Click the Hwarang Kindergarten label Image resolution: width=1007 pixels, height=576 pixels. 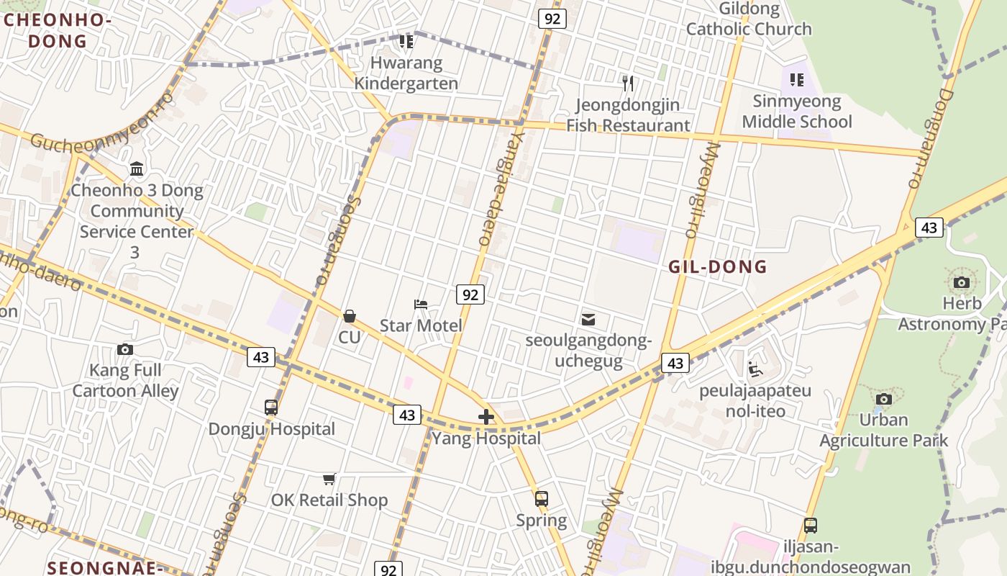(406, 73)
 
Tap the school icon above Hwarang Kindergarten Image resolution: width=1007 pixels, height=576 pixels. (406, 42)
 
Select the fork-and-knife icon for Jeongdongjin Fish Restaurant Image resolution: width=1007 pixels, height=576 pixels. (628, 84)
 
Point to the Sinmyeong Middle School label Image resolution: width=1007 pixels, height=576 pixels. (796, 112)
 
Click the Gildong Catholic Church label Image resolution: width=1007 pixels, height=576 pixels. (749, 19)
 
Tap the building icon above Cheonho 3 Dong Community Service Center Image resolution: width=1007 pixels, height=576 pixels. (137, 169)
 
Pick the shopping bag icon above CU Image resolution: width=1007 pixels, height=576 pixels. (350, 316)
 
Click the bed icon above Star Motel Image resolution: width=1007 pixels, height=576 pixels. (421, 305)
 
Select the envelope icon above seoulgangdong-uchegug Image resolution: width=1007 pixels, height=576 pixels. (588, 319)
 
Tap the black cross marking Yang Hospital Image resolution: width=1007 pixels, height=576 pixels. (486, 417)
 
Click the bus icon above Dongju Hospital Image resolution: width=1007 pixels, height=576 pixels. (271, 408)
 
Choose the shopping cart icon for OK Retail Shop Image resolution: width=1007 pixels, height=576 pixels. (329, 479)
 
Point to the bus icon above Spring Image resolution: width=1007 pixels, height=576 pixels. (542, 498)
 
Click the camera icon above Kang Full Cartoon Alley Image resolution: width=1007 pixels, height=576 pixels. (125, 349)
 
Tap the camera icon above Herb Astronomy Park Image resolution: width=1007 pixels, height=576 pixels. (962, 282)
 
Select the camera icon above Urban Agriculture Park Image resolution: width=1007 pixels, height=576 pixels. (884, 399)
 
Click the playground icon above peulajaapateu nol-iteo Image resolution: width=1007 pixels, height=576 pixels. (755, 369)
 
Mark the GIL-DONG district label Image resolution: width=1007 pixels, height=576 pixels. (718, 267)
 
